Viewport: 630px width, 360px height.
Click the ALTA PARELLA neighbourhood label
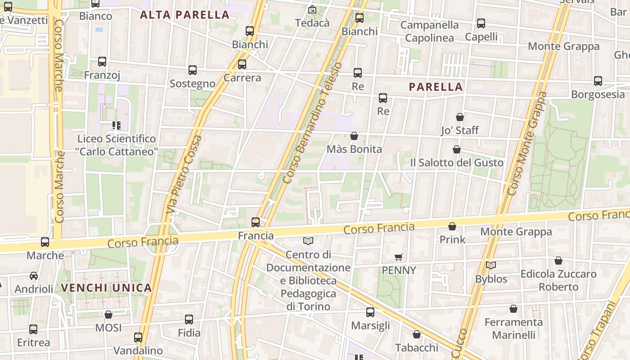tap(184, 15)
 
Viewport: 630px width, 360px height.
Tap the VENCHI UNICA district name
tap(106, 288)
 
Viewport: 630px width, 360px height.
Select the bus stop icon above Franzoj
tap(102, 62)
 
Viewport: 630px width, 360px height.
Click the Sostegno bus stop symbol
tap(193, 70)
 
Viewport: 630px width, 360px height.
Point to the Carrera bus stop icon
tap(242, 64)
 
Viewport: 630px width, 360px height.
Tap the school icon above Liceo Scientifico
tap(117, 125)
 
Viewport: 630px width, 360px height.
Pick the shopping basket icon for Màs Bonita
tap(354, 136)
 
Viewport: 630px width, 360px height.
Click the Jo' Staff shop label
tap(459, 130)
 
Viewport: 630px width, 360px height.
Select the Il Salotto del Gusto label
tap(456, 162)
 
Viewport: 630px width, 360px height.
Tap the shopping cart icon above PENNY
tap(399, 257)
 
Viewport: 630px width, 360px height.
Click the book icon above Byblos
tap(491, 265)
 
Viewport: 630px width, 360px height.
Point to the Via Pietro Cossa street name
tap(184, 175)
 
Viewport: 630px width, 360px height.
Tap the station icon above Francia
tap(256, 222)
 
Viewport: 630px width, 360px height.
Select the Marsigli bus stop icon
tap(370, 312)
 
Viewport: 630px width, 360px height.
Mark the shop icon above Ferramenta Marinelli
tap(513, 309)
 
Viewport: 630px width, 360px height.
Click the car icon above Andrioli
tap(34, 276)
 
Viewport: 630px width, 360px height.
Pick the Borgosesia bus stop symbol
tap(598, 81)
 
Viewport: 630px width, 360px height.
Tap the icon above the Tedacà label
tap(312, 9)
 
